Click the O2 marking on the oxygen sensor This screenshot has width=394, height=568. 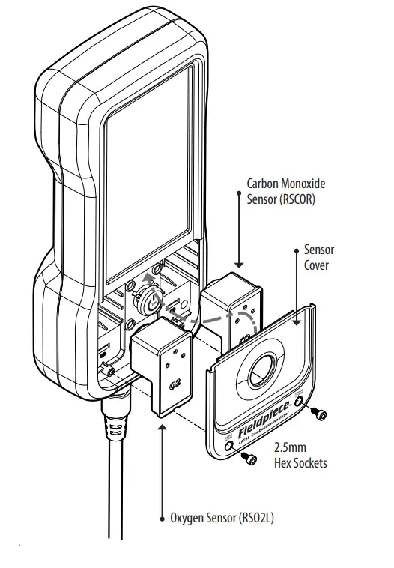click(174, 387)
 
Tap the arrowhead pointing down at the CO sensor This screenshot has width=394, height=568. click(239, 263)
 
